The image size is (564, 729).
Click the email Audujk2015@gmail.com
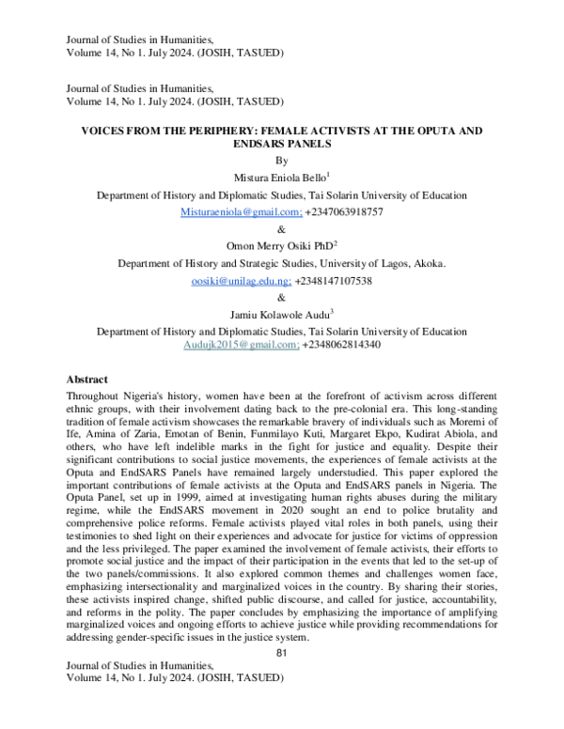(x=241, y=345)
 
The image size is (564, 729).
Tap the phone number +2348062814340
(x=341, y=345)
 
